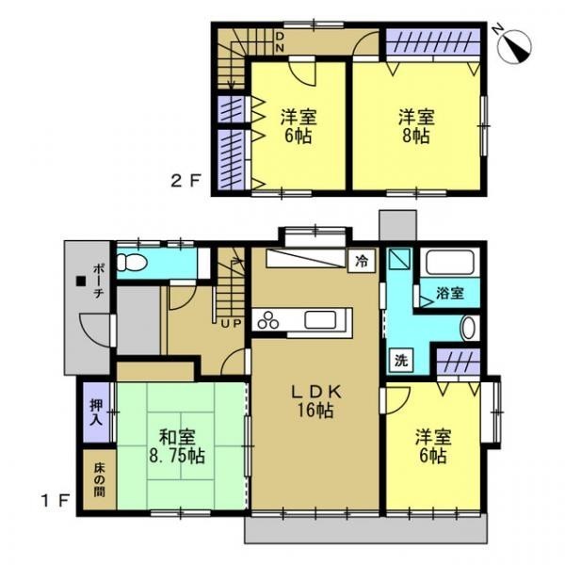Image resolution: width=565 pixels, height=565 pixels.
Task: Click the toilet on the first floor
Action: click(132, 262)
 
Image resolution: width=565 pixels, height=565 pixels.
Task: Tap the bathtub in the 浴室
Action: click(449, 263)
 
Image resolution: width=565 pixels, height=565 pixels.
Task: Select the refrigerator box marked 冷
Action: click(362, 261)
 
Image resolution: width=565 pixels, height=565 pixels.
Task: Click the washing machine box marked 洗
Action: click(401, 361)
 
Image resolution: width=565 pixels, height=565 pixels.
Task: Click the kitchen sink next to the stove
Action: click(320, 319)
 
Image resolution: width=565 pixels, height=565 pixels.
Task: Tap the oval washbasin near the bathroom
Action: click(469, 328)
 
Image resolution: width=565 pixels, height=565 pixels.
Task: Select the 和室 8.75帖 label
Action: click(177, 446)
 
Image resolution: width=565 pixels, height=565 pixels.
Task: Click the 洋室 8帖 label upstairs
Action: click(416, 126)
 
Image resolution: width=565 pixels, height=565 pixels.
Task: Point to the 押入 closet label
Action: click(96, 412)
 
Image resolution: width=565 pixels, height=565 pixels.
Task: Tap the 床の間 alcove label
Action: click(99, 480)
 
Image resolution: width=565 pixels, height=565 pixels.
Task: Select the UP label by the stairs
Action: click(231, 324)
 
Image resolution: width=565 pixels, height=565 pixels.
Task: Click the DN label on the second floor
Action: click(280, 41)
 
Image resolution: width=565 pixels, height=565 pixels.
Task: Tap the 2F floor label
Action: click(185, 181)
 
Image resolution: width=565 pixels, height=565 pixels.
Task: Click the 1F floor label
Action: click(55, 501)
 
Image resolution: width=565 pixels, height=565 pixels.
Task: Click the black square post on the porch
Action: click(80, 281)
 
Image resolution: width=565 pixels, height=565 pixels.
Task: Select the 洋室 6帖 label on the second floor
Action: click(299, 126)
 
